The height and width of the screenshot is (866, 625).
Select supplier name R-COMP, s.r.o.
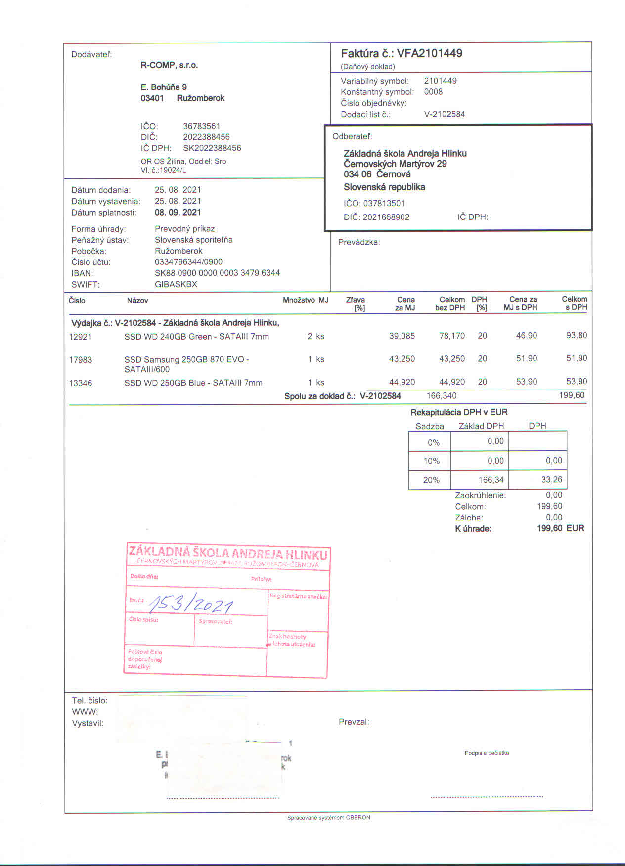point(169,65)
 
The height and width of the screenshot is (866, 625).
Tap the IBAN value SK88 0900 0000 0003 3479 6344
point(217,273)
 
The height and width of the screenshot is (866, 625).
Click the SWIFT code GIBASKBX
point(176,284)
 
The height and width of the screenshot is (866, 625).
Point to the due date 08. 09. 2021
point(178,212)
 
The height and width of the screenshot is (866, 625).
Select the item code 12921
point(80,337)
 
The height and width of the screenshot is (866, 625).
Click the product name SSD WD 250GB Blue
point(193,383)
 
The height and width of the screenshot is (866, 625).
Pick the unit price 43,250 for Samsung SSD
point(402,359)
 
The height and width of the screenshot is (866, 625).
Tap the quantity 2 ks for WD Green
point(315,336)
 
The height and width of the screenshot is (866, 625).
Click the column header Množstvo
point(299,300)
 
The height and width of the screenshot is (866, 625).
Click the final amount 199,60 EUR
point(560,528)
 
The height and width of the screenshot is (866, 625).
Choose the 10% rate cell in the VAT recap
point(431,461)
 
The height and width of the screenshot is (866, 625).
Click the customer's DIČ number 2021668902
point(386,217)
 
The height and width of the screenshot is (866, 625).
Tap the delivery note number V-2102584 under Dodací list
point(444,114)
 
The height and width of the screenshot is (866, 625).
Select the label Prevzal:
point(354,722)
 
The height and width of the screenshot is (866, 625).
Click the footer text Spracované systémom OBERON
point(328,817)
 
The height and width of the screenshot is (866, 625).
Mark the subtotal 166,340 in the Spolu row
point(441,395)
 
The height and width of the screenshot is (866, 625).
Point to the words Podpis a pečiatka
point(487,753)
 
